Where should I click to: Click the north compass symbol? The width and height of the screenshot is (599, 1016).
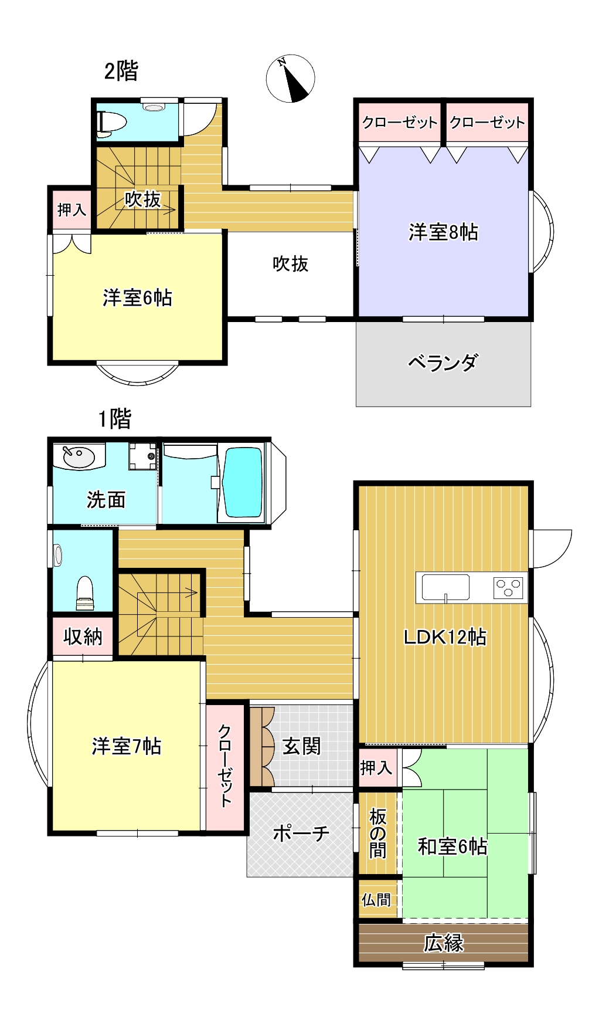pos(291,79)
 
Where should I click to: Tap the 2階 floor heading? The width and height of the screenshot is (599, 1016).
pos(121,72)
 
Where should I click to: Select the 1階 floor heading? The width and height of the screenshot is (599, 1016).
pos(114,419)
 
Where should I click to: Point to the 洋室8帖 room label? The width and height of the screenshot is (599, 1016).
pos(443,232)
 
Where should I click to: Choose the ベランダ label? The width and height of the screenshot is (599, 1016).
pos(443,363)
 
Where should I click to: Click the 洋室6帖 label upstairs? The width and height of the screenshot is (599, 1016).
pos(137,298)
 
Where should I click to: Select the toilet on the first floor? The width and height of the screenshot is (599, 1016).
pos(85,592)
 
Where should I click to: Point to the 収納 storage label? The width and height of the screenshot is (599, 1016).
pos(83,636)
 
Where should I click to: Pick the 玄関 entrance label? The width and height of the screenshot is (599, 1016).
pos(301,746)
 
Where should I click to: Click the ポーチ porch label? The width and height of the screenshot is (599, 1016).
pos(301,833)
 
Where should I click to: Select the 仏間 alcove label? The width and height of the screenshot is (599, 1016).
pos(376,899)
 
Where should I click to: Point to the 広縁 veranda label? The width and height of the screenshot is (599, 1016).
pos(444,943)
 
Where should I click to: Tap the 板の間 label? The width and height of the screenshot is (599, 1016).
pos(377,833)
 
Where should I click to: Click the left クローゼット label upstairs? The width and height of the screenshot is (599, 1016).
pos(400,122)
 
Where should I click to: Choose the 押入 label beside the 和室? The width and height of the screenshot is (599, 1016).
pos(376,767)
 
